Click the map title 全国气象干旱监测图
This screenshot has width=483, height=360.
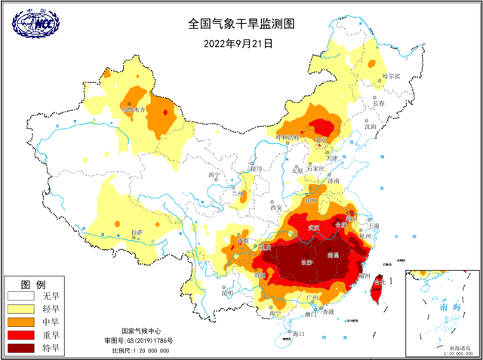pyautogui.click(x=241, y=23)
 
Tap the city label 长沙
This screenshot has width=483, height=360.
pyautogui.click(x=306, y=263)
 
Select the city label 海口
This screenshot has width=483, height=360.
pyautogui.click(x=298, y=332)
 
